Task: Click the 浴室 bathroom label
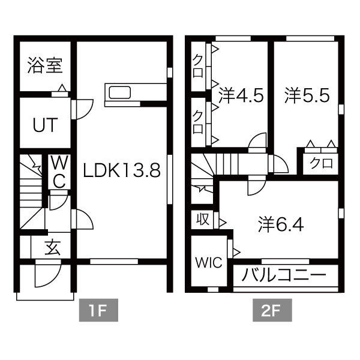(45, 65)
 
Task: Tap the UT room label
(45, 125)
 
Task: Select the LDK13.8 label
(122, 171)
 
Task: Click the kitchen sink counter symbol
(119, 93)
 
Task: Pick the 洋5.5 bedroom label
(307, 96)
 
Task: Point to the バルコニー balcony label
(284, 277)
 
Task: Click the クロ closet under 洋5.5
(322, 163)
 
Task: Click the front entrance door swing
(44, 275)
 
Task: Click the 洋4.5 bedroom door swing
(258, 142)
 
